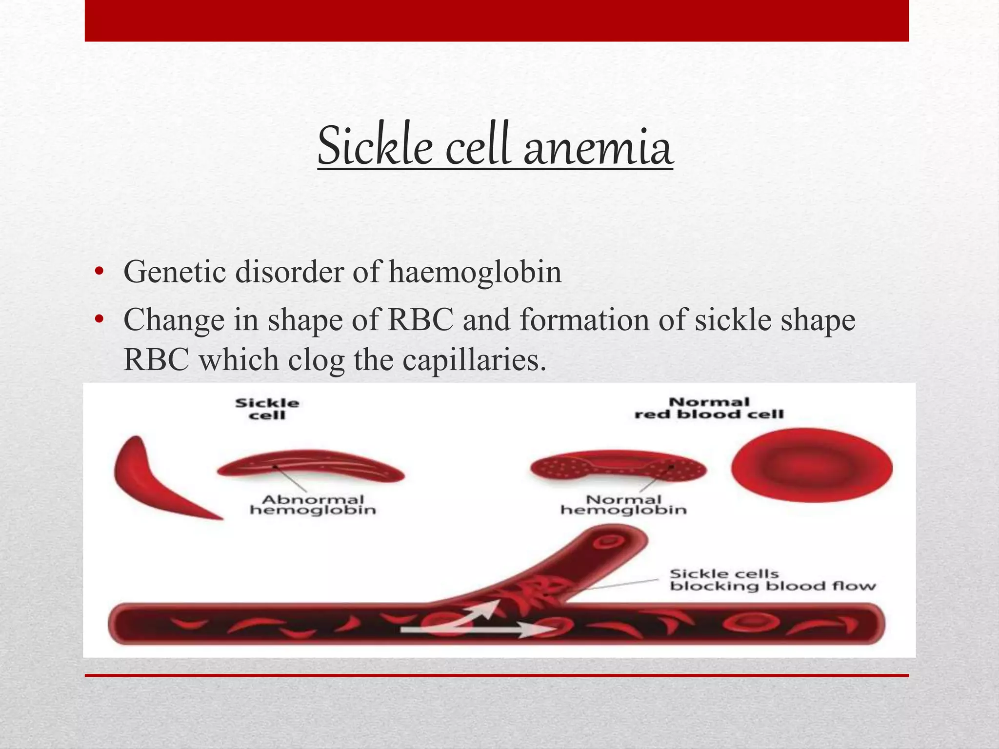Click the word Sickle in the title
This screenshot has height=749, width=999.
tap(375, 145)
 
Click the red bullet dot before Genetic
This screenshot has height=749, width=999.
tap(100, 272)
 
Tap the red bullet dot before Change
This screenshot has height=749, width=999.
tap(100, 320)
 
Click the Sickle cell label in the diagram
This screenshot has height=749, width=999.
tap(267, 409)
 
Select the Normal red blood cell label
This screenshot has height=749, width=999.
tap(709, 408)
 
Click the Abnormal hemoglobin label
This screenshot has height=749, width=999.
tap(313, 505)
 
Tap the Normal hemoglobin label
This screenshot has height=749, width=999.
tap(623, 505)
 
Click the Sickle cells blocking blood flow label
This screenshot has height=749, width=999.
tap(772, 580)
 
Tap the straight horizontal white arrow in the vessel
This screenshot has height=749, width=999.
tap(473, 630)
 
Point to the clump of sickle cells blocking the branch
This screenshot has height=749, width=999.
tap(532, 592)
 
